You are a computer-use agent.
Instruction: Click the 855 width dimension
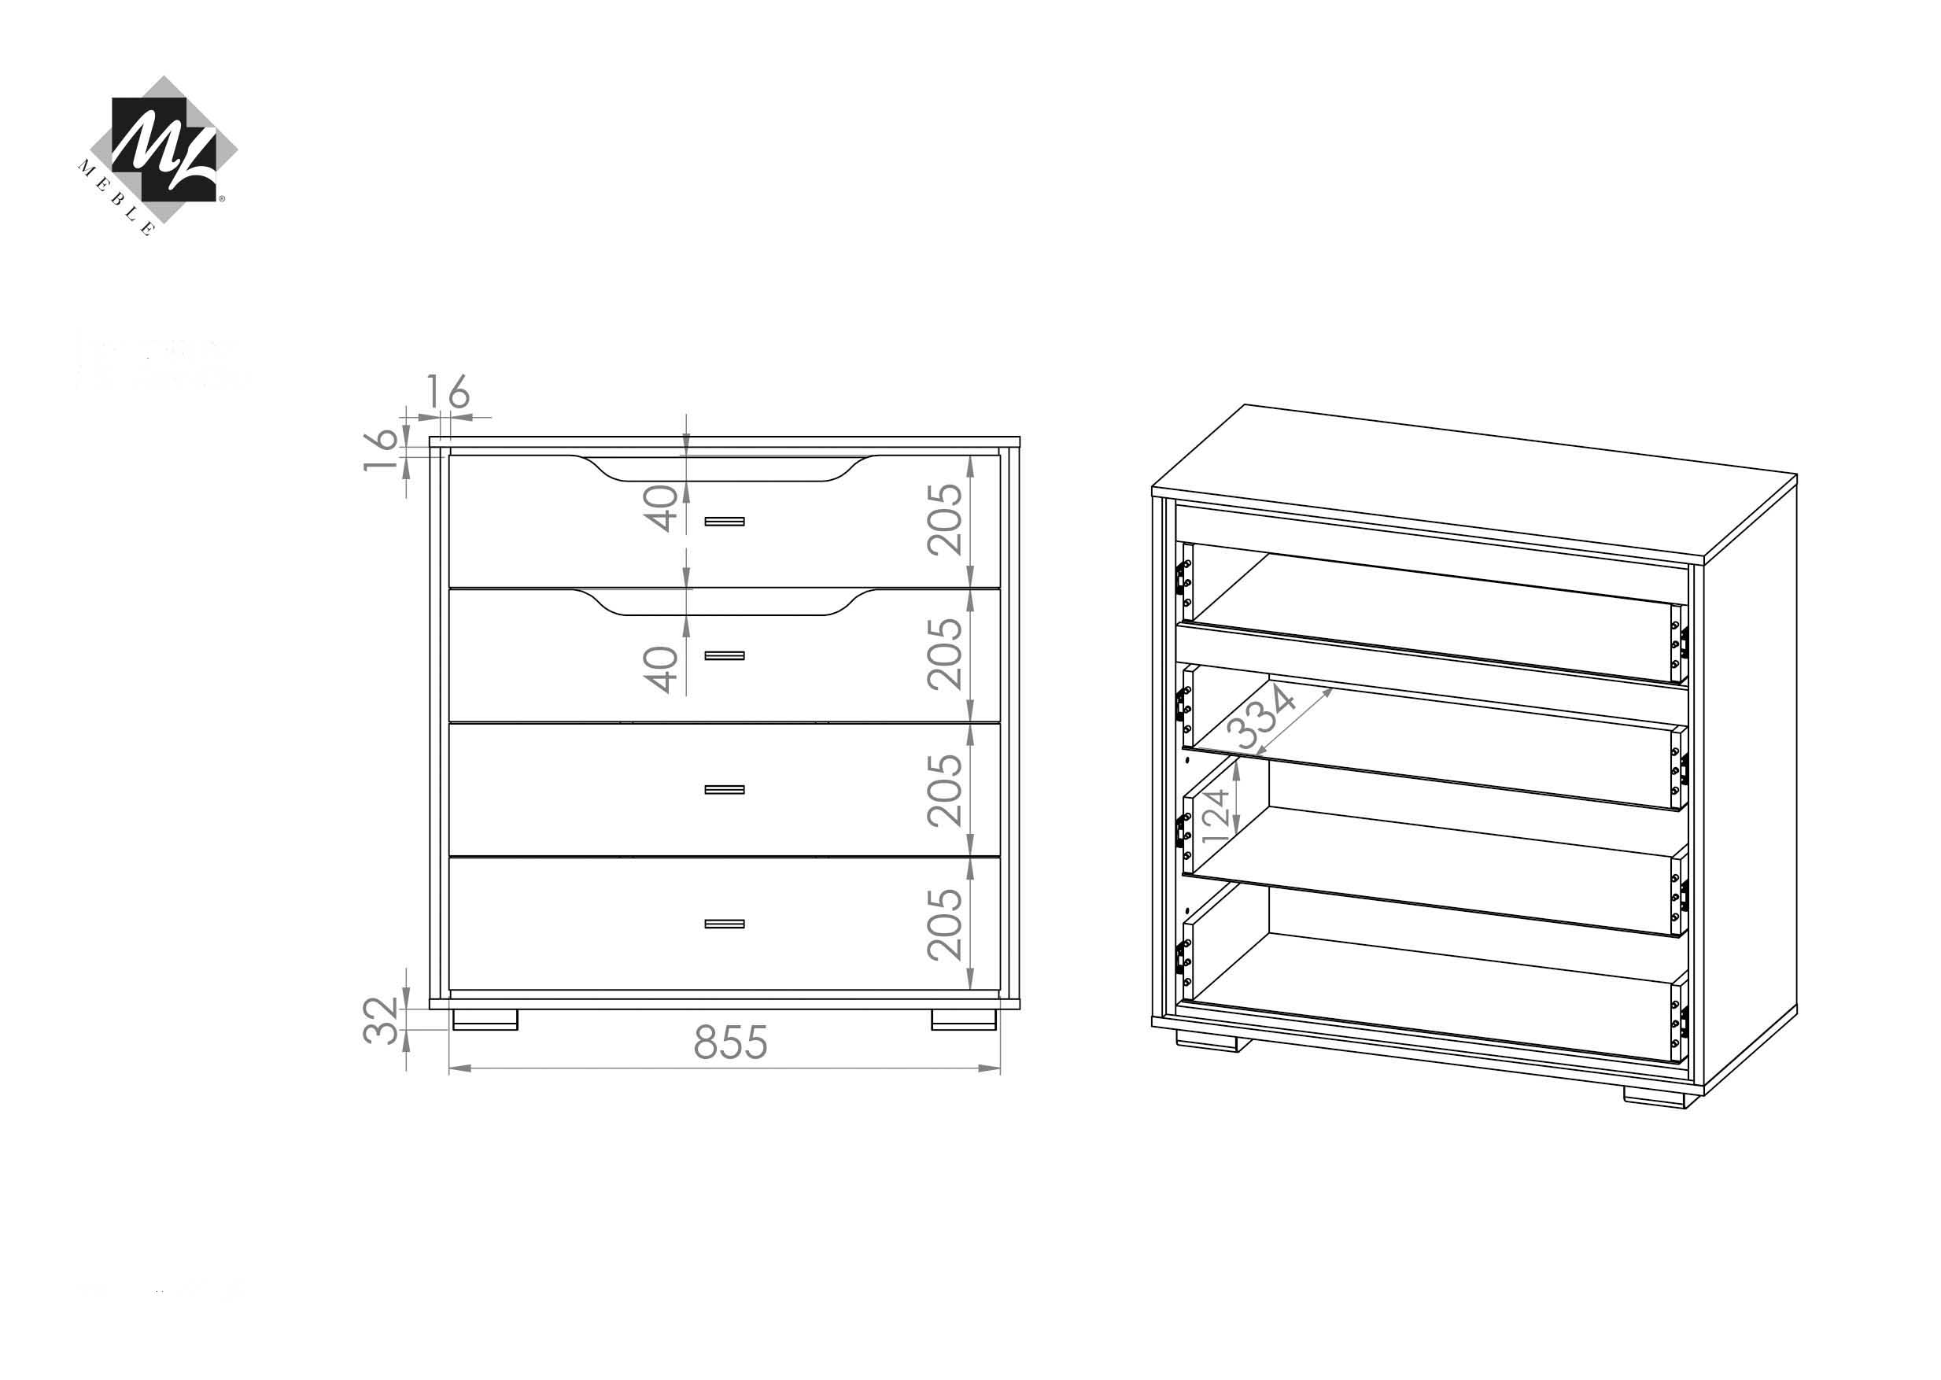click(730, 1042)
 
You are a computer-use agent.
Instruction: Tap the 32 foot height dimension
click(381, 1020)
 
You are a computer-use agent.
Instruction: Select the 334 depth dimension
click(1266, 718)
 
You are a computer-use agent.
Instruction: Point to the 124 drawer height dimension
click(1216, 815)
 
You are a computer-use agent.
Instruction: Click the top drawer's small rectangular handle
click(724, 522)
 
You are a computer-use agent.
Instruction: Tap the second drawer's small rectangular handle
click(724, 656)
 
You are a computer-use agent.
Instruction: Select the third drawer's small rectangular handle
click(724, 790)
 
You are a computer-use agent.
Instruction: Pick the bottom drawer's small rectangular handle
click(724, 924)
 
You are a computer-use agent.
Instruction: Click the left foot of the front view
click(485, 1020)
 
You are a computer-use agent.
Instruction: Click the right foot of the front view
click(964, 1020)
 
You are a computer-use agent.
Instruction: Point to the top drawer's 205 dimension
click(944, 520)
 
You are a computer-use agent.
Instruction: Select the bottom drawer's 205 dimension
click(944, 924)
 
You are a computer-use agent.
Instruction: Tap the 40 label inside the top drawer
click(660, 508)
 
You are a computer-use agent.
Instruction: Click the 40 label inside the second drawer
click(660, 670)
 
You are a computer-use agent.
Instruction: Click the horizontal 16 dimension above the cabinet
click(447, 392)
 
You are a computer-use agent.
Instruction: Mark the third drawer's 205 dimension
click(944, 790)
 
